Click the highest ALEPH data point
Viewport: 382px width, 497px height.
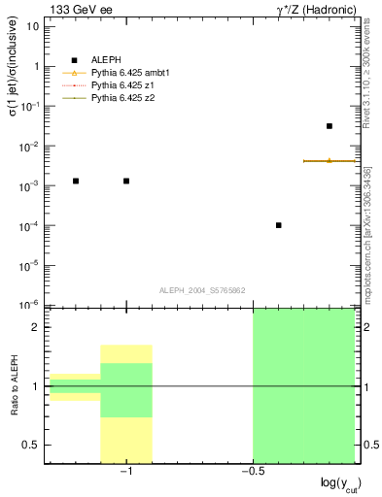pyautogui.click(x=330, y=126)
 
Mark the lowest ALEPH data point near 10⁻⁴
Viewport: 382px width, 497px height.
pyautogui.click(x=279, y=225)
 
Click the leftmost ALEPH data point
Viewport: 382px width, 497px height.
pyautogui.click(x=76, y=181)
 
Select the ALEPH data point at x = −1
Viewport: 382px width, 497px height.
pyautogui.click(x=126, y=181)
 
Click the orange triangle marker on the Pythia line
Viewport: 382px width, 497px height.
pyautogui.click(x=330, y=160)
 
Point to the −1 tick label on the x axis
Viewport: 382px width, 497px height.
pyautogui.click(x=124, y=471)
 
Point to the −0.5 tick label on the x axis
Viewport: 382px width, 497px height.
pyautogui.click(x=251, y=471)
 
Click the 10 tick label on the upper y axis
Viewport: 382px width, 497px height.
pyautogui.click(x=34, y=26)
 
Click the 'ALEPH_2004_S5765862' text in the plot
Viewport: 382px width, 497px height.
pyautogui.click(x=203, y=290)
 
